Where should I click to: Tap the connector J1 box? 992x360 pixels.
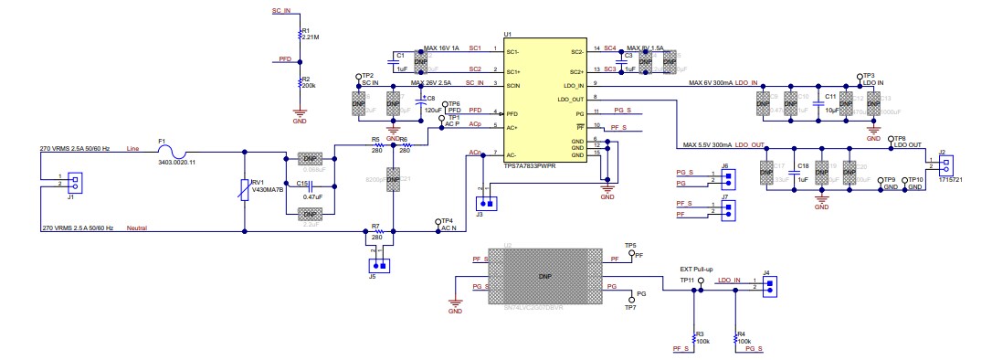coord(75,181)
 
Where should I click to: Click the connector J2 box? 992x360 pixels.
coord(946,165)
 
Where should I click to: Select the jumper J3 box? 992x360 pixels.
coord(488,204)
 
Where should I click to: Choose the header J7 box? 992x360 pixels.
coord(728,211)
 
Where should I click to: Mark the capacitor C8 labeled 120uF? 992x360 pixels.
coord(421,103)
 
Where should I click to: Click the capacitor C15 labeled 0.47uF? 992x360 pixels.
coord(311,189)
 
